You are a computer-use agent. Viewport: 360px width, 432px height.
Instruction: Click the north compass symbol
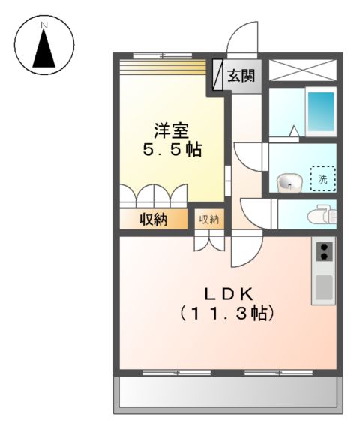point(44,47)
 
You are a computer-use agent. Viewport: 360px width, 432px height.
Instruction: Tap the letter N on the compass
point(44,25)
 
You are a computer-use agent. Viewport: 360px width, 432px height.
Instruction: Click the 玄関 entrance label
point(241,75)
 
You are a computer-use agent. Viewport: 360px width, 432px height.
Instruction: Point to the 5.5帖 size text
point(172,149)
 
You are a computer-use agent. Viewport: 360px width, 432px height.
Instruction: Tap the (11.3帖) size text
point(226,313)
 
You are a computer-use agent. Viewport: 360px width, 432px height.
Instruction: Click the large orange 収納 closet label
point(153,220)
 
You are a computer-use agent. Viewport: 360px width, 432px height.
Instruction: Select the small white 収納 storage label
point(208,220)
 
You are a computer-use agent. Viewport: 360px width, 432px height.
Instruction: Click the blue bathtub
point(320,111)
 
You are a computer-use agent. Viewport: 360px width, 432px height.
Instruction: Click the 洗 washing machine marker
point(323,179)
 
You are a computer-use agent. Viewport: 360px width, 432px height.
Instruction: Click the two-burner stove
point(325,250)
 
